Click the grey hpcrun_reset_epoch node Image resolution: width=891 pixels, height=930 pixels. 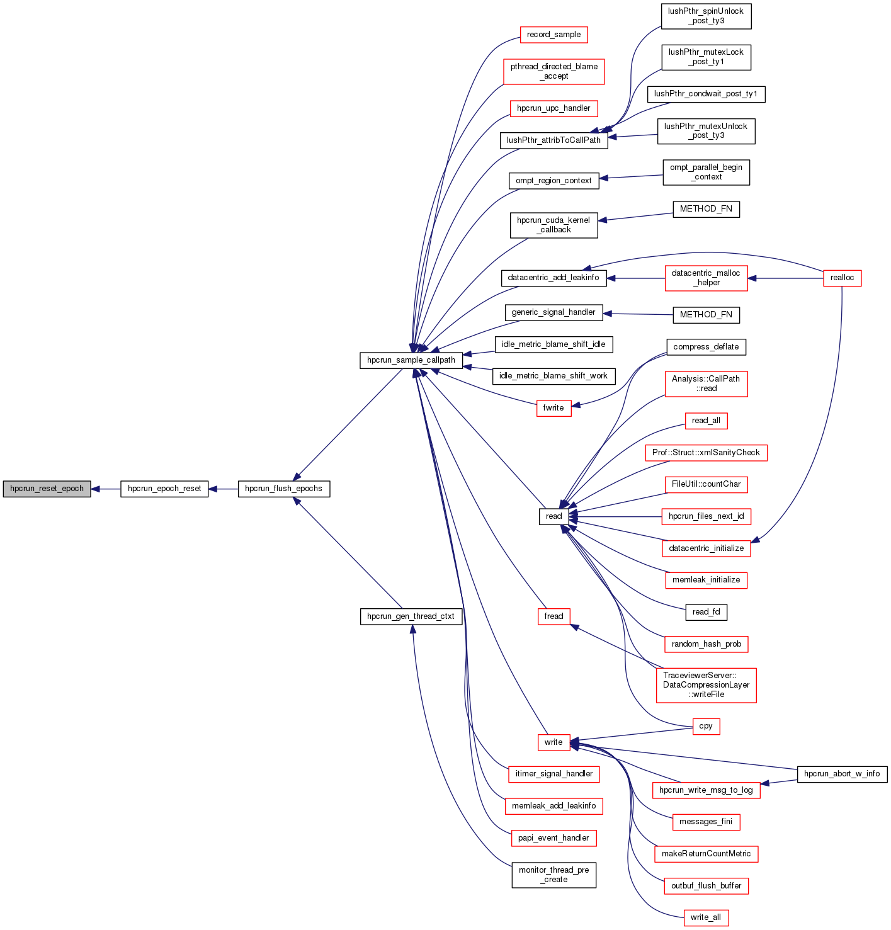[47, 489]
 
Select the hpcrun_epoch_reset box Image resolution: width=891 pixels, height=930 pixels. [164, 489]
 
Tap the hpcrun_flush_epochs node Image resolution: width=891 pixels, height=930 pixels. [283, 489]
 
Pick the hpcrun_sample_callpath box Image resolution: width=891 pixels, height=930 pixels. [411, 360]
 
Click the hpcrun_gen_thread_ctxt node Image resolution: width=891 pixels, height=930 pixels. [411, 616]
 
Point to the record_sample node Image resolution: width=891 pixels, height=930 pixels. [553, 35]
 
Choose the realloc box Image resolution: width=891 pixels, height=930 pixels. [842, 278]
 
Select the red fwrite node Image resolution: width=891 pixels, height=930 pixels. [553, 408]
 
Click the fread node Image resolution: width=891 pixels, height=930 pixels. [553, 616]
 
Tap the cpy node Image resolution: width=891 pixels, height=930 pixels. [706, 727]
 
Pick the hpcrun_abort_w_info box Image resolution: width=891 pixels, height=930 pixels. [842, 774]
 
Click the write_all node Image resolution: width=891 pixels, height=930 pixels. [706, 917]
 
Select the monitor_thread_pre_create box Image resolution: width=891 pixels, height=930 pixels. [553, 875]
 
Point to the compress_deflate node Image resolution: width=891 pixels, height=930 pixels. [706, 347]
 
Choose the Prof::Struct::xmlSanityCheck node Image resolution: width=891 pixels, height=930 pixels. [706, 453]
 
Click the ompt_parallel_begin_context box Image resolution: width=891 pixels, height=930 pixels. [706, 173]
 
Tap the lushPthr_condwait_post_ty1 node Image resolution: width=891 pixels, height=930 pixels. [706, 94]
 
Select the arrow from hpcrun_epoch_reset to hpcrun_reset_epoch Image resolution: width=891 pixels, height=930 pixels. [106, 489]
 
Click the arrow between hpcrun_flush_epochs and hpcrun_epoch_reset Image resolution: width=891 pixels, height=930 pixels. [223, 489]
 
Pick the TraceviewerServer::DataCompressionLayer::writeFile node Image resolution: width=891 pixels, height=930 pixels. [706, 685]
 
